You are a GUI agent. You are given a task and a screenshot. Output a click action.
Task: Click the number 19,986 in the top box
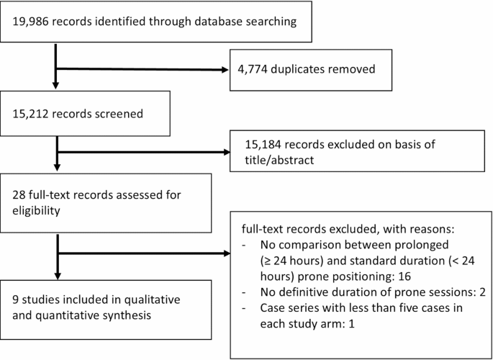[x=31, y=22]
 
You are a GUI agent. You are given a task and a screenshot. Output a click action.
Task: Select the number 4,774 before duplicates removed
[x=253, y=69]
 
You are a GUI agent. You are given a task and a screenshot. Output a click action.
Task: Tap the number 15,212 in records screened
[x=30, y=114]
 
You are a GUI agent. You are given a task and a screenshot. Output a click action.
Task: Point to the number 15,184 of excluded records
[x=263, y=145]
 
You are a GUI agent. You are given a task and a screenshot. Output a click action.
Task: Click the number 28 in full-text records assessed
[x=18, y=194]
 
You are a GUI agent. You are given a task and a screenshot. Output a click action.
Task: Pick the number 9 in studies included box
[x=15, y=300]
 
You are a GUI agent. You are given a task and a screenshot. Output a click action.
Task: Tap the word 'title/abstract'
[x=280, y=161]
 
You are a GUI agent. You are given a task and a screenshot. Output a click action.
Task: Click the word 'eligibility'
[x=36, y=211]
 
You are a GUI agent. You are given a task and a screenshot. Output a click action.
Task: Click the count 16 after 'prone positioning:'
[x=405, y=276]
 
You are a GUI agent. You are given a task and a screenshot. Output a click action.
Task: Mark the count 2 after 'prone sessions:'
[x=482, y=292]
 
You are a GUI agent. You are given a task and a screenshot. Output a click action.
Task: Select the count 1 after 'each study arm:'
[x=351, y=324]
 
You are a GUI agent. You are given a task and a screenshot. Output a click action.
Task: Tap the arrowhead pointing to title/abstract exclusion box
[x=227, y=152]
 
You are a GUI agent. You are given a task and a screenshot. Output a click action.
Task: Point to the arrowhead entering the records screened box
[x=55, y=86]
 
